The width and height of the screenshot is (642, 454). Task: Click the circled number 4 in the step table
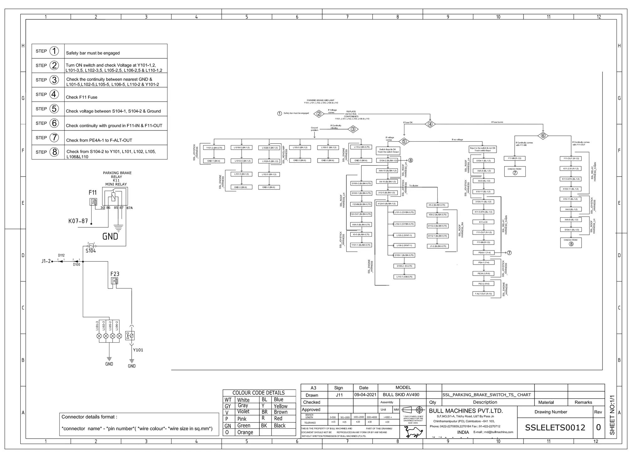pos(54,94)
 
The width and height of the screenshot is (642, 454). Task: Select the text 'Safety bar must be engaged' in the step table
pos(93,53)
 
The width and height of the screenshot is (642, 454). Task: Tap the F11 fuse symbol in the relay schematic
pos(93,202)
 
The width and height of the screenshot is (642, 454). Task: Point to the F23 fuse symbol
pos(115,281)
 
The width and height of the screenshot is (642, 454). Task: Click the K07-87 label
pos(78,221)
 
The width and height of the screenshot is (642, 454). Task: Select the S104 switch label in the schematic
pos(91,251)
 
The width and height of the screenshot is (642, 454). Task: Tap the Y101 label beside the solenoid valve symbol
pos(138,350)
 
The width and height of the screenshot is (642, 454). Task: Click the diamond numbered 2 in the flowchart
pos(319,114)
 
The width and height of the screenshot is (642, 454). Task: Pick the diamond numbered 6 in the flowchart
pos(543,136)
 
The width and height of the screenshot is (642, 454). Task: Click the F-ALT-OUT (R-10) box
pos(483,294)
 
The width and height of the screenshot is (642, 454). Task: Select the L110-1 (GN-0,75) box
pos(404,277)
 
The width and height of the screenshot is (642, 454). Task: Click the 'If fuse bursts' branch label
pos(497,122)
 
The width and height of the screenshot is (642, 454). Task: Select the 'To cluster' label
pos(413,186)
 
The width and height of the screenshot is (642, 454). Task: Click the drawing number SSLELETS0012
pos(555,428)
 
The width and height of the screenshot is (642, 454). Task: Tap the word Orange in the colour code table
pos(245,432)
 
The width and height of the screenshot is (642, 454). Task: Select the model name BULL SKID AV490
pos(401,395)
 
